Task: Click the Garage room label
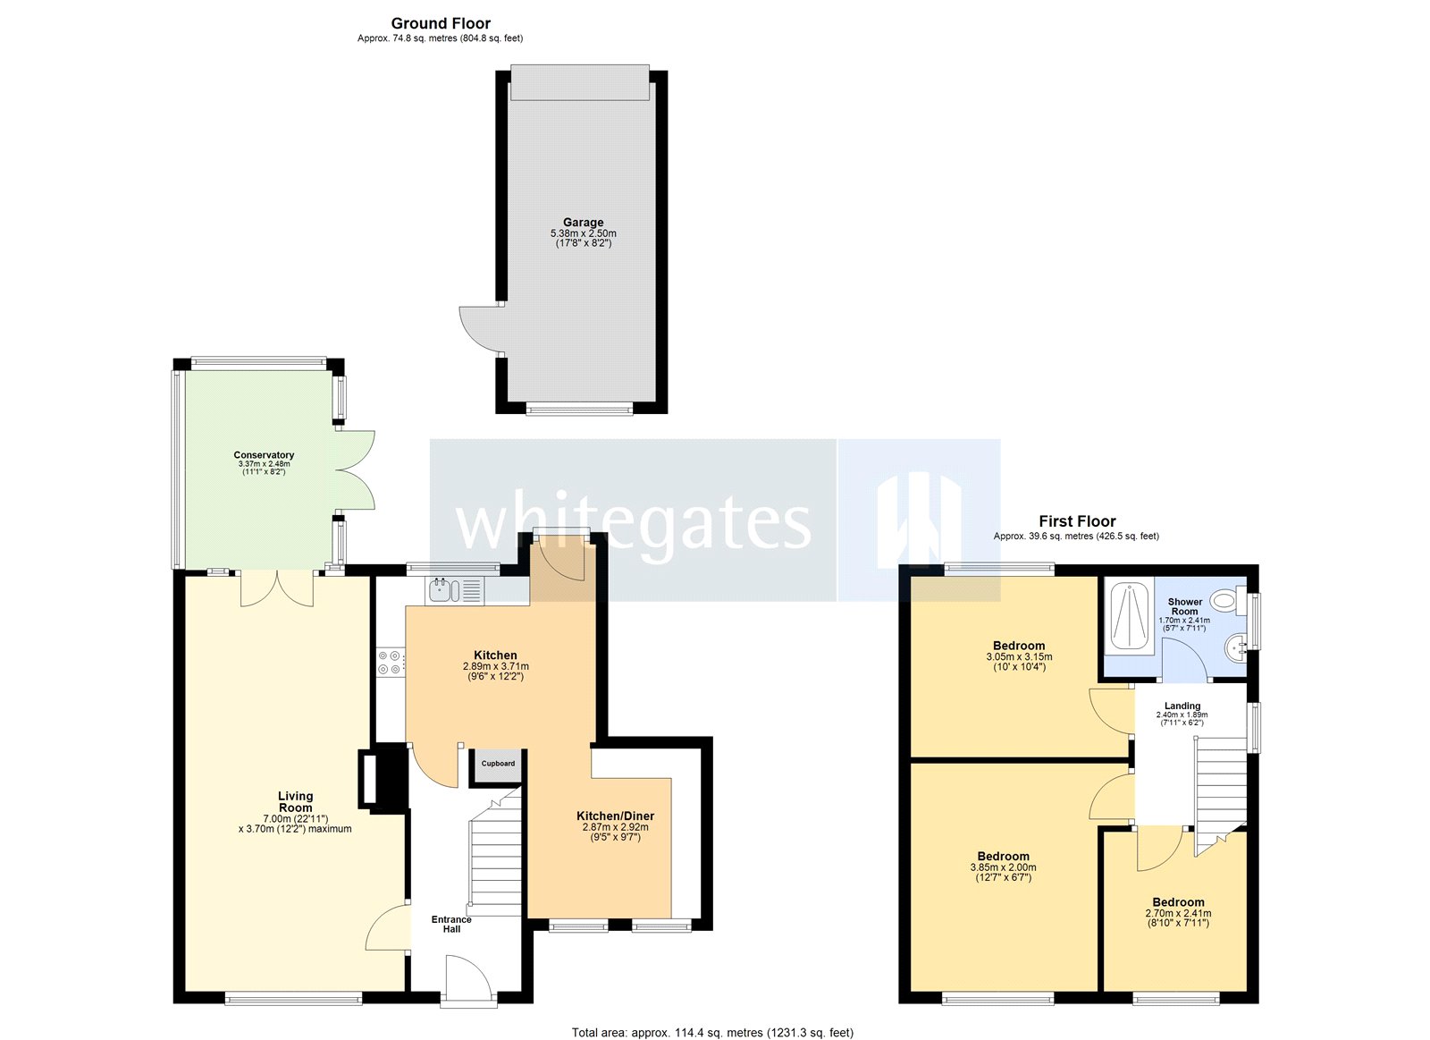point(583,223)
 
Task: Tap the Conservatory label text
point(264,455)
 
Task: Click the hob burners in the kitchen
point(390,662)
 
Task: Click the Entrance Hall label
point(451,924)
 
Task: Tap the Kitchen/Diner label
point(615,816)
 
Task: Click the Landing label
point(1182,706)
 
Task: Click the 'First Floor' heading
point(1077,521)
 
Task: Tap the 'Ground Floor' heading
point(441,23)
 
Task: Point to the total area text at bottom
point(712,1032)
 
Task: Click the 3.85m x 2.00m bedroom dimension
point(1003,867)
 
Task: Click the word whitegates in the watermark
point(633,523)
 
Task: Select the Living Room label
point(295,801)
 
